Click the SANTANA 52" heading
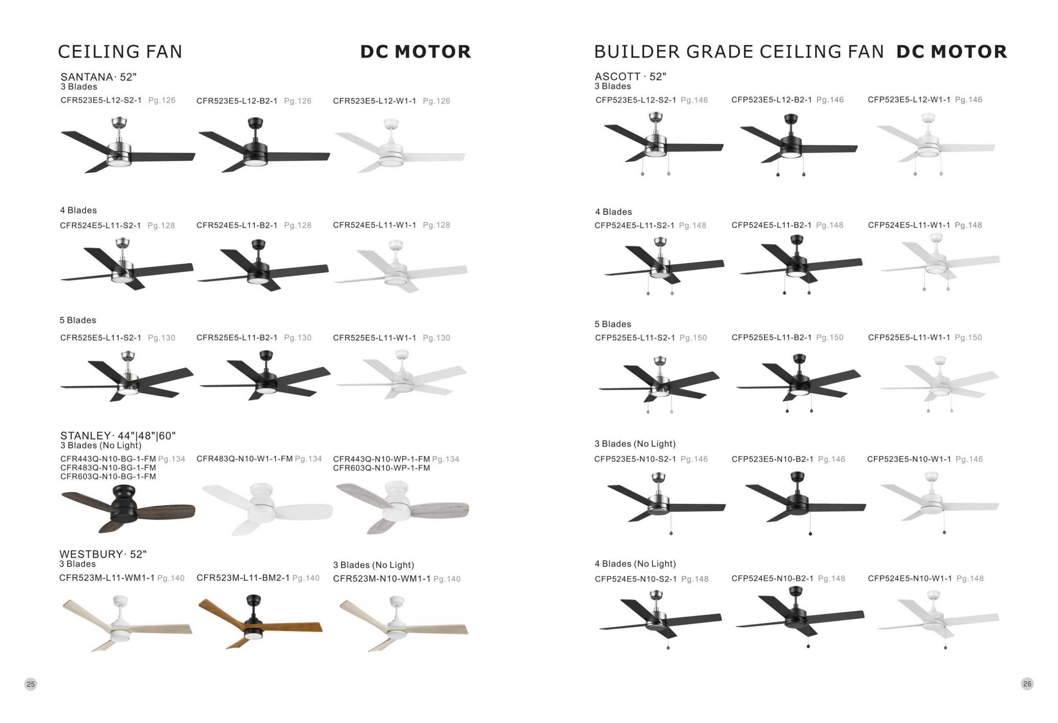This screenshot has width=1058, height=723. pyautogui.click(x=98, y=77)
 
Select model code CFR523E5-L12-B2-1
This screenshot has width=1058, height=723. pyautogui.click(x=237, y=101)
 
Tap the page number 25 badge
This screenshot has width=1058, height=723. pyautogui.click(x=31, y=684)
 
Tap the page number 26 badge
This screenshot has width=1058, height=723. pyautogui.click(x=1027, y=683)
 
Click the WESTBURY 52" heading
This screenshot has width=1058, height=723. pyautogui.click(x=103, y=554)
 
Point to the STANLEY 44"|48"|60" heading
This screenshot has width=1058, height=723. pyautogui.click(x=117, y=436)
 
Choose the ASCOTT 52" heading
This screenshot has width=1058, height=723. pyautogui.click(x=630, y=77)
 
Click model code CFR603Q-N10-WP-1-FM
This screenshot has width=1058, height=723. pyautogui.click(x=381, y=468)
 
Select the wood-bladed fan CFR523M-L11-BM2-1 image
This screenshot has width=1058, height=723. pyautogui.click(x=260, y=622)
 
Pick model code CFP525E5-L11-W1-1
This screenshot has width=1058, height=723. pyautogui.click(x=909, y=338)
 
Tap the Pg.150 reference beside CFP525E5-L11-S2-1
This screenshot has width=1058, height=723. pyautogui.click(x=693, y=338)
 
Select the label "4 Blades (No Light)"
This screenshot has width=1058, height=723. pyautogui.click(x=635, y=564)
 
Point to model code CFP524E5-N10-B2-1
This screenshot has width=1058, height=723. pyautogui.click(x=772, y=579)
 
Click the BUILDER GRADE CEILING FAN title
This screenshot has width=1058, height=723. pyautogui.click(x=738, y=52)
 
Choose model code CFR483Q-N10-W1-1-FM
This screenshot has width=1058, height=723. pyautogui.click(x=244, y=459)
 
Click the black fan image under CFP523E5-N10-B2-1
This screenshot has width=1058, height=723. pyautogui.click(x=805, y=503)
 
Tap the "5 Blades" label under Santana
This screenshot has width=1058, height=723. pyautogui.click(x=78, y=320)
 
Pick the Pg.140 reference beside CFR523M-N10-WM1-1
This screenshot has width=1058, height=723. pyautogui.click(x=447, y=579)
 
